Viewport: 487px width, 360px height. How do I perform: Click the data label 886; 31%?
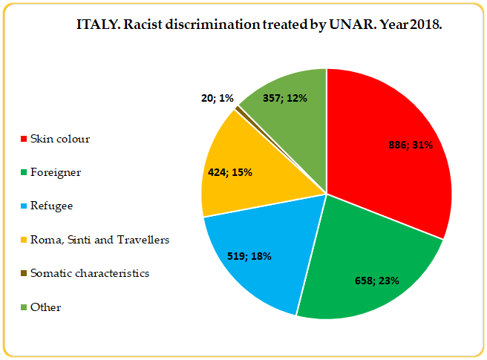click(x=411, y=145)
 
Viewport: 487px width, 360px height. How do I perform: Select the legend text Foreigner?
click(x=56, y=173)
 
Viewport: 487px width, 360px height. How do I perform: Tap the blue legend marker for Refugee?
click(x=24, y=206)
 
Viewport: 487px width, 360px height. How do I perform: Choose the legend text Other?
click(x=45, y=307)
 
